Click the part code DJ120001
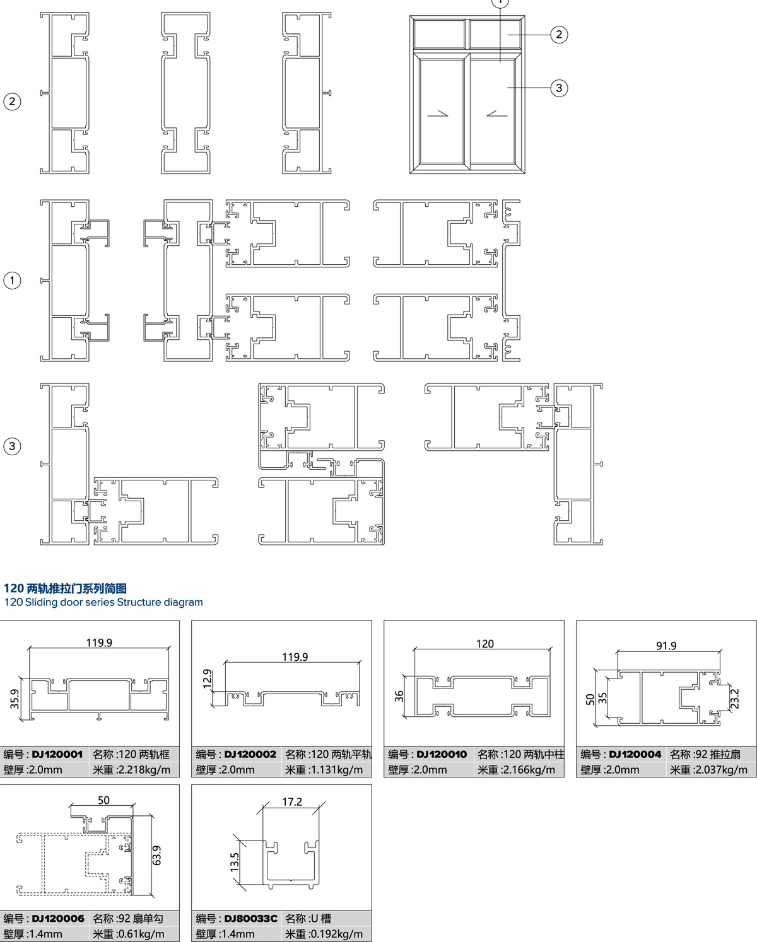(x=57, y=754)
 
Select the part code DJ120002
(x=250, y=754)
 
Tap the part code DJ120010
(x=442, y=754)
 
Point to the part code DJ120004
(x=635, y=754)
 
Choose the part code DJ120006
(x=58, y=919)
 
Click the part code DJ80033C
(x=250, y=919)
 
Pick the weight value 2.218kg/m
(x=144, y=770)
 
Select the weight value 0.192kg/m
(x=336, y=934)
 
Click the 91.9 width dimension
(x=666, y=646)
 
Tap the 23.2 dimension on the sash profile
(x=735, y=699)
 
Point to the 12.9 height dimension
(x=207, y=679)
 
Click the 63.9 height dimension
(x=157, y=856)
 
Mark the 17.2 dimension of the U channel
(x=291, y=801)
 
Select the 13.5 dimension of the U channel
(x=235, y=862)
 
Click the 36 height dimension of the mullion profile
(x=399, y=696)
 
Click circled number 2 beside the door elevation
(x=559, y=35)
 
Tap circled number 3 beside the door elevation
(x=559, y=88)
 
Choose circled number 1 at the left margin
(x=12, y=280)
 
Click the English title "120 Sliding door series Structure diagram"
(x=103, y=602)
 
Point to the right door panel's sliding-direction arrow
(x=497, y=114)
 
